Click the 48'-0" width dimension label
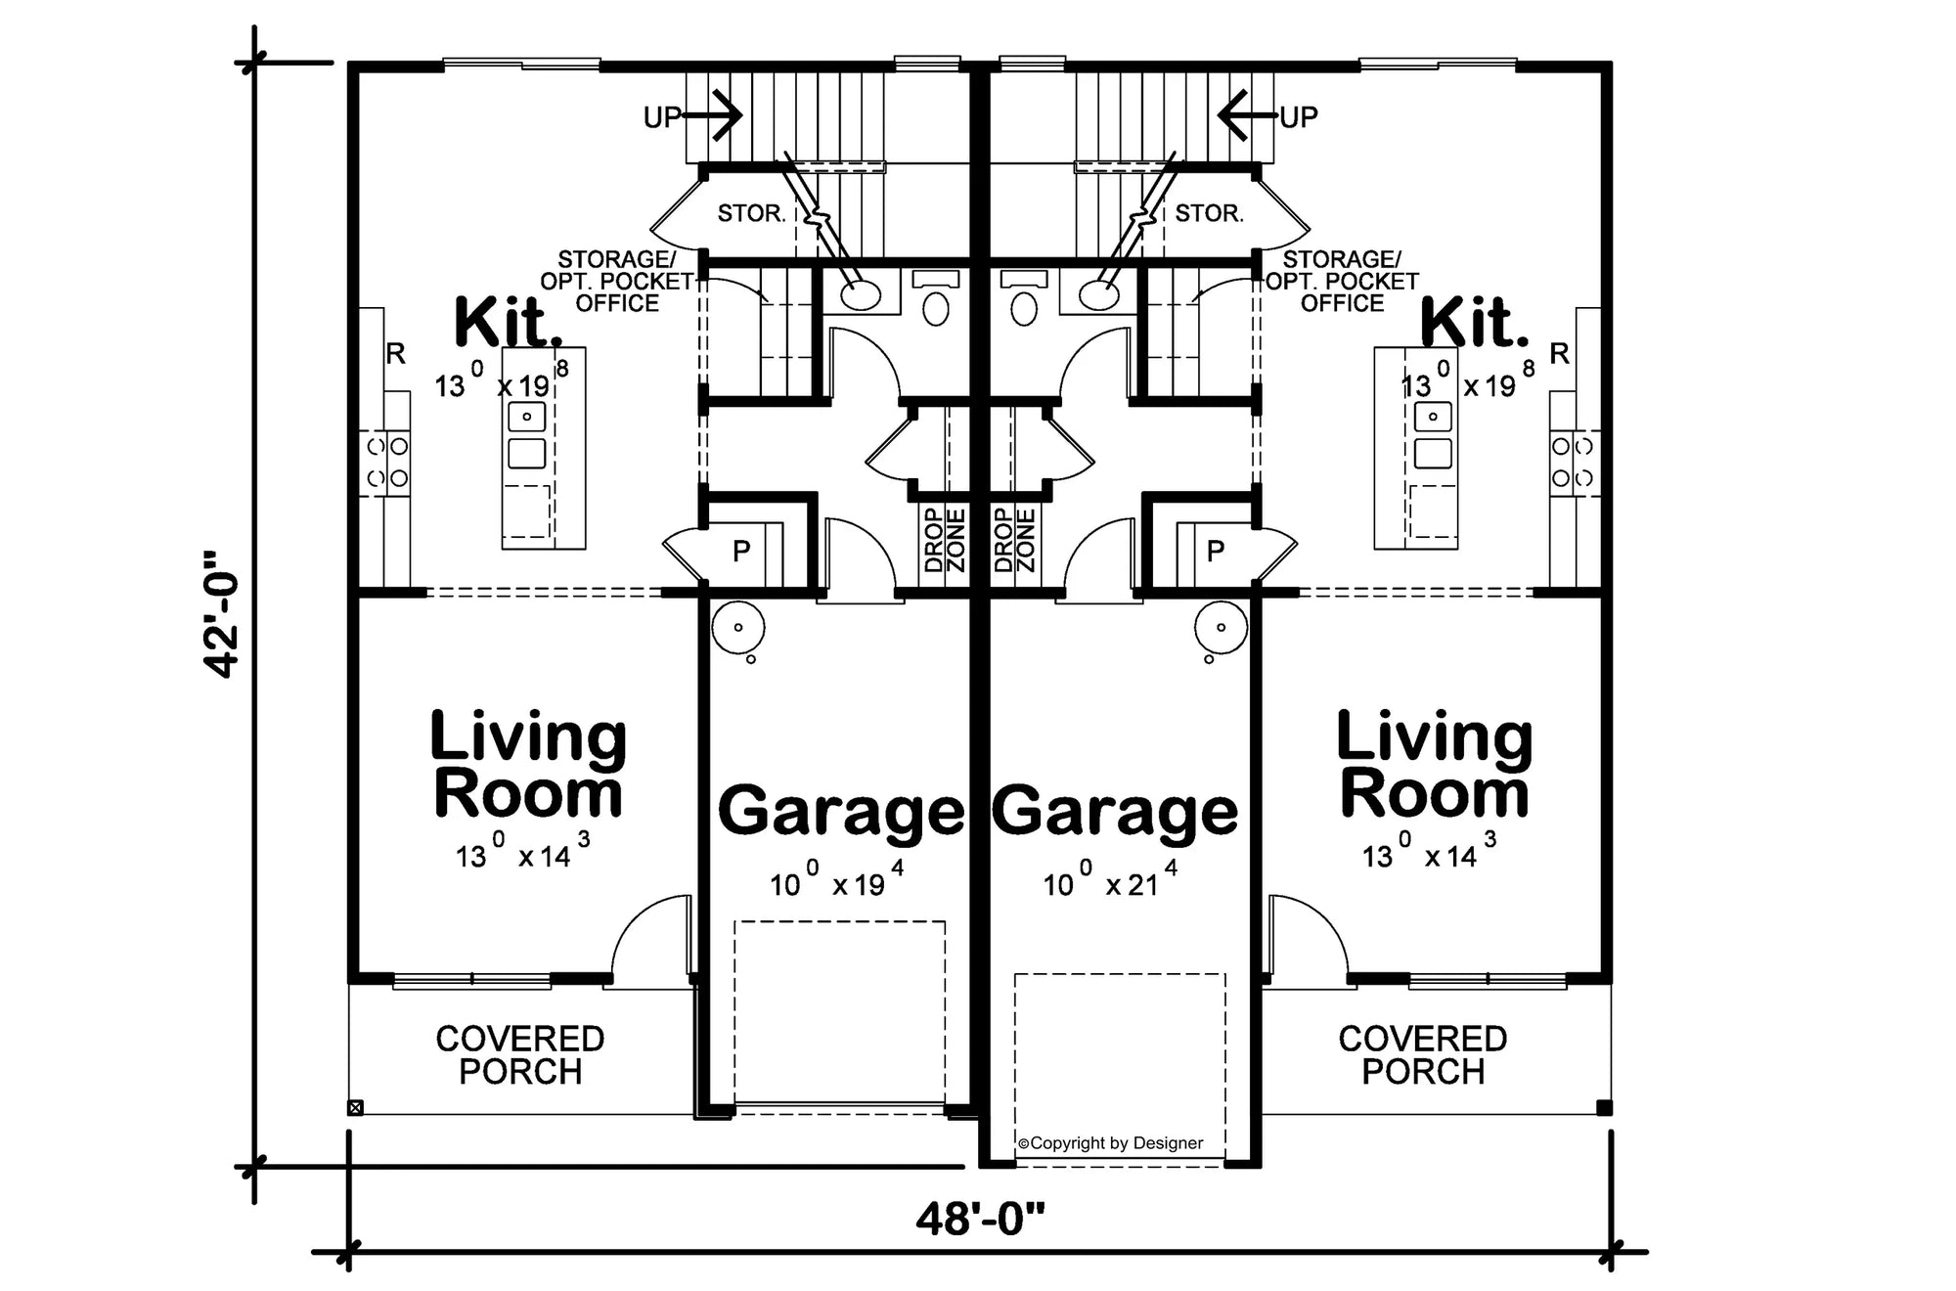980,1220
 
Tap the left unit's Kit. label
509,323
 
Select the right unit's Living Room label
1435,765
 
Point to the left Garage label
841,812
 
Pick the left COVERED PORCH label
520,1054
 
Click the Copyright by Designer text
1111,1142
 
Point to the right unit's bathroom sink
1099,293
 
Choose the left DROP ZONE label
945,540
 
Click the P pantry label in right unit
1216,551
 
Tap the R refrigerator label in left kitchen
396,353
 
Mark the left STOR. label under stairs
751,213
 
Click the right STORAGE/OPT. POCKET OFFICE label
1342,282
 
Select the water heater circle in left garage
737,627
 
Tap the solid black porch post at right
1604,1108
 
